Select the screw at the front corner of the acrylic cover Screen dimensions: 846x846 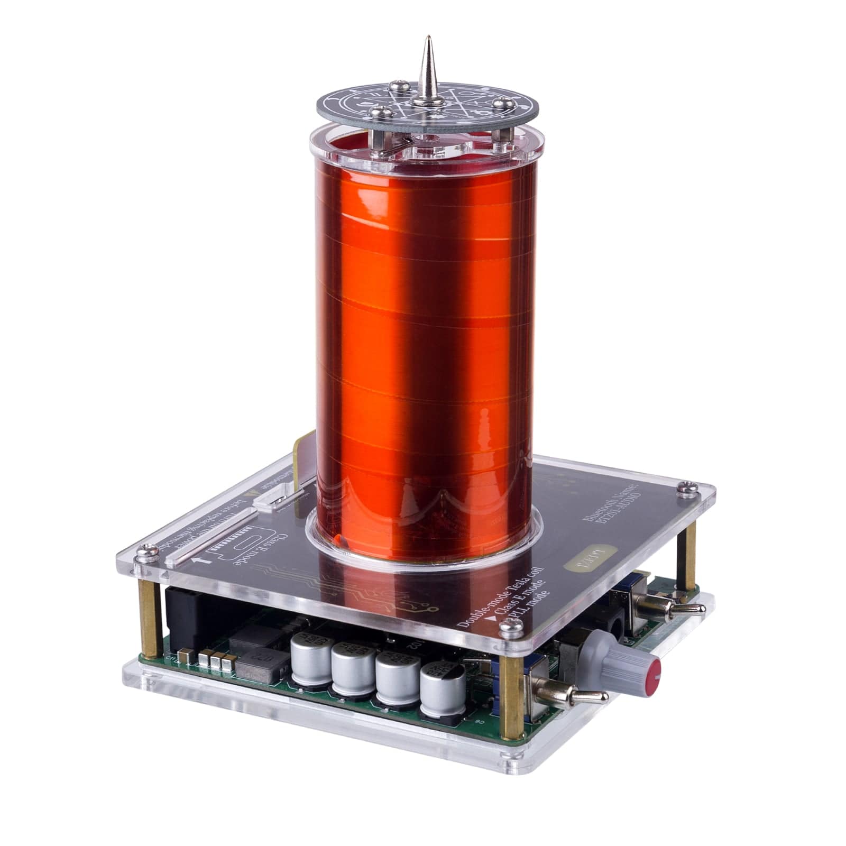510,628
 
